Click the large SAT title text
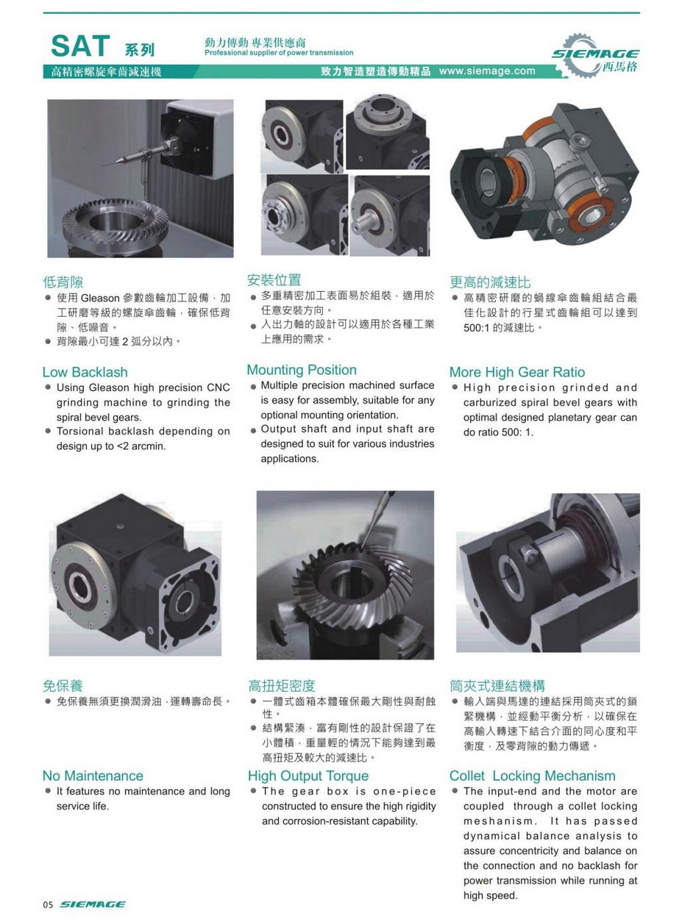coord(80,46)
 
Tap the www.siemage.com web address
coord(487,71)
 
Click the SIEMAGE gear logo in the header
coord(595,55)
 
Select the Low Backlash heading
coord(85,372)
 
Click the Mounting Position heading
coord(302,370)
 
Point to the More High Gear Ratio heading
coord(517,372)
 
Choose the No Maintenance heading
coord(93,776)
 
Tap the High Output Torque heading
coord(308,776)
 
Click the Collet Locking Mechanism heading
coord(532,776)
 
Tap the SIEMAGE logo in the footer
coord(93,904)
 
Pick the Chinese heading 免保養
coord(63,685)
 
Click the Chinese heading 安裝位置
coord(274,279)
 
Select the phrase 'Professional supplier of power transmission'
coord(279,53)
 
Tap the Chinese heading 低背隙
coord(63,282)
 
